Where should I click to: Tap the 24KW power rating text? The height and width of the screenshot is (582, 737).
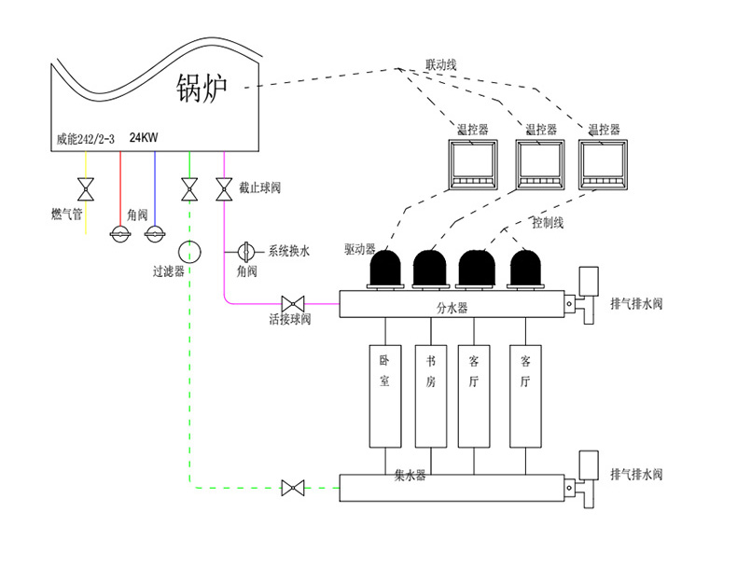click(x=144, y=138)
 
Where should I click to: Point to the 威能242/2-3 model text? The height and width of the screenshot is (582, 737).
click(x=86, y=139)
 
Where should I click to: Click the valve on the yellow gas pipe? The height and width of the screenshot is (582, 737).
click(x=87, y=190)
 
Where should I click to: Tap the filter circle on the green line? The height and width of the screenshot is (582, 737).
click(x=190, y=251)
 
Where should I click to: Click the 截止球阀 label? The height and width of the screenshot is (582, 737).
click(x=259, y=188)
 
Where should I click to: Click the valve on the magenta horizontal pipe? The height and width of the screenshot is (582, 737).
click(x=294, y=303)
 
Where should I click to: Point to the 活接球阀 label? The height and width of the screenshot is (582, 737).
click(x=290, y=320)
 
